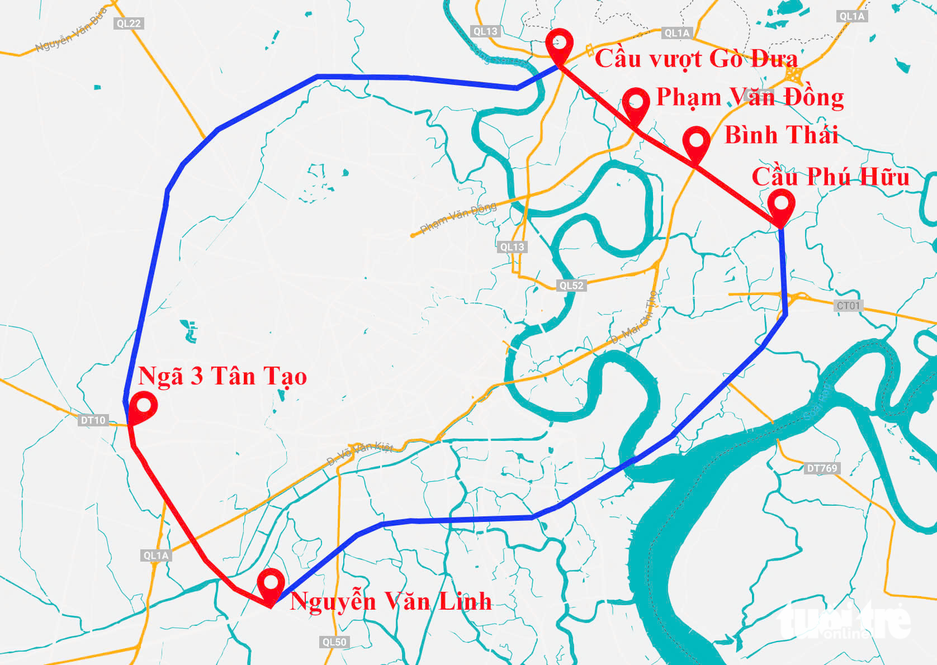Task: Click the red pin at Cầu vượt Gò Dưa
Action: pyautogui.click(x=560, y=44)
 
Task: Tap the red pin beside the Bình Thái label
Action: pyautogui.click(x=696, y=142)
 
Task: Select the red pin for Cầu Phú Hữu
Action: pyautogui.click(x=781, y=204)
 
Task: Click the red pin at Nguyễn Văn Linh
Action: pyautogui.click(x=271, y=583)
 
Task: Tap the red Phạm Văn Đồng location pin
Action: pyautogui.click(x=636, y=103)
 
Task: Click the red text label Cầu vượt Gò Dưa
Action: pyautogui.click(x=696, y=59)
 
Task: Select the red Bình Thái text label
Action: pyautogui.click(x=781, y=135)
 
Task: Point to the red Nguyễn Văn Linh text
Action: pyautogui.click(x=390, y=602)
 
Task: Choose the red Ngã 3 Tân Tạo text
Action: pyautogui.click(x=222, y=376)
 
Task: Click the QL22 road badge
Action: pyautogui.click(x=129, y=23)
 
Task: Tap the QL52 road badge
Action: pyautogui.click(x=571, y=286)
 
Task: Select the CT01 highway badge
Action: pyautogui.click(x=848, y=306)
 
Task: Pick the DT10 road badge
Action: pyautogui.click(x=93, y=420)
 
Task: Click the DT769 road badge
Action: pyautogui.click(x=822, y=468)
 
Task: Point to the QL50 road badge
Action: pyautogui.click(x=334, y=642)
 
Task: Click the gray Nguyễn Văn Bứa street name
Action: pyautogui.click(x=70, y=31)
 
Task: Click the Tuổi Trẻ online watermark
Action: pyautogui.click(x=845, y=621)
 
